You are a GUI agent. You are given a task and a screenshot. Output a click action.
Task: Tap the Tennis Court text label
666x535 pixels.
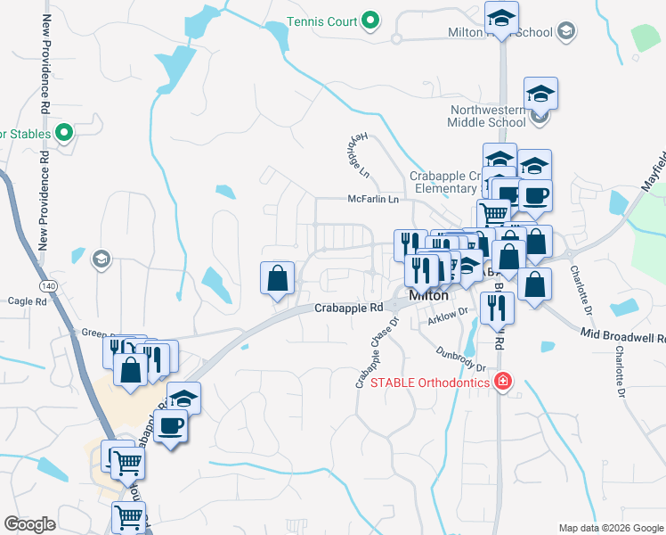coord(321,21)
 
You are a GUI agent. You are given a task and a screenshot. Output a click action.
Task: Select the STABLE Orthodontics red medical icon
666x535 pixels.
coord(503,383)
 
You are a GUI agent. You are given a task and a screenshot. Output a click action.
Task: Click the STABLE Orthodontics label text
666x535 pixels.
coord(430,383)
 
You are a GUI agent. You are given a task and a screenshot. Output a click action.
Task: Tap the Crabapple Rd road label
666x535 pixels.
coord(348,308)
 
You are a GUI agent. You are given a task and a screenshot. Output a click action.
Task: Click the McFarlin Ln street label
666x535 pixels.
coord(372,200)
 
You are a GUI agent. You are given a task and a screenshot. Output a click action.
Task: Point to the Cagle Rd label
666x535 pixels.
coord(27,301)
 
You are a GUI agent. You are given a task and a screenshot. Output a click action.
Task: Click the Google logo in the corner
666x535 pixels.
coord(29,524)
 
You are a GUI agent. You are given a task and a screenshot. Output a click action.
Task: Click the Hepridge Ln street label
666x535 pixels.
coord(357,155)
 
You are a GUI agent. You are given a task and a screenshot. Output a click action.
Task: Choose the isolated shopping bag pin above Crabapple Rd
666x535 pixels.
coord(278,277)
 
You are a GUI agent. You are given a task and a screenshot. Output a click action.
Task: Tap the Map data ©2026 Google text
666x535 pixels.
coord(610,528)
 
